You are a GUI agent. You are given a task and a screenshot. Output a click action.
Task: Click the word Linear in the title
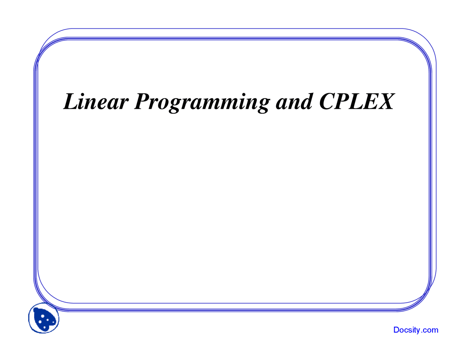(95, 102)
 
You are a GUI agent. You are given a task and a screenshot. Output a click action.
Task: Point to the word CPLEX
(356, 102)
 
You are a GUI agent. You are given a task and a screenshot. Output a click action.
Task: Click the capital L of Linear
(71, 102)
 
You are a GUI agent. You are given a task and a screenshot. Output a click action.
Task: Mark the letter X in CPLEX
(385, 102)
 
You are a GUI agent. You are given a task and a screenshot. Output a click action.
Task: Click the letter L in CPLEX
(355, 102)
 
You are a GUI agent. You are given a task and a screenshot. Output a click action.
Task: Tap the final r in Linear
(123, 104)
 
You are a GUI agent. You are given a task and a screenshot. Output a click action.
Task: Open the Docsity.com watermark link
(416, 330)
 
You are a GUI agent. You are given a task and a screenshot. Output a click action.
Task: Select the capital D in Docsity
(396, 330)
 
